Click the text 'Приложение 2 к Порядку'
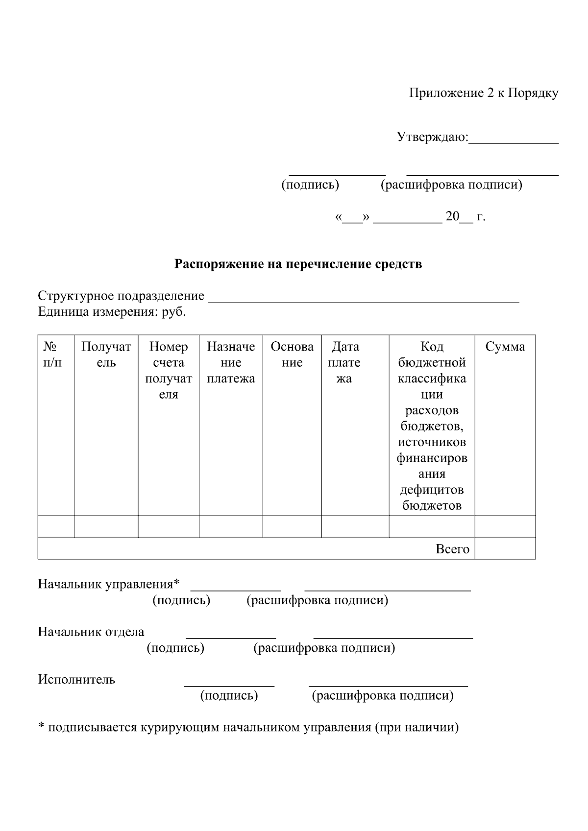point(483,93)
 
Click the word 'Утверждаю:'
point(432,137)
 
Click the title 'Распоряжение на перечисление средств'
point(298,264)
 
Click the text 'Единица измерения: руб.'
point(112,312)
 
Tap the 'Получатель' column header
point(106,355)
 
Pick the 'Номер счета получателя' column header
point(169,370)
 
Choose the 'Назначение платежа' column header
point(231,362)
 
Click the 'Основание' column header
point(292,355)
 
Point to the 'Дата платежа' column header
point(344,362)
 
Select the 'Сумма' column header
point(505,347)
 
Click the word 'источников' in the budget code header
point(432,442)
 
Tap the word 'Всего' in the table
point(452,549)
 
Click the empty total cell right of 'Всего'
point(505,548)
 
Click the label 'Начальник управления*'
point(109,584)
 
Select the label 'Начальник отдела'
point(91,632)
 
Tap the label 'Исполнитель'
point(76,680)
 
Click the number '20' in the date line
point(452,217)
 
